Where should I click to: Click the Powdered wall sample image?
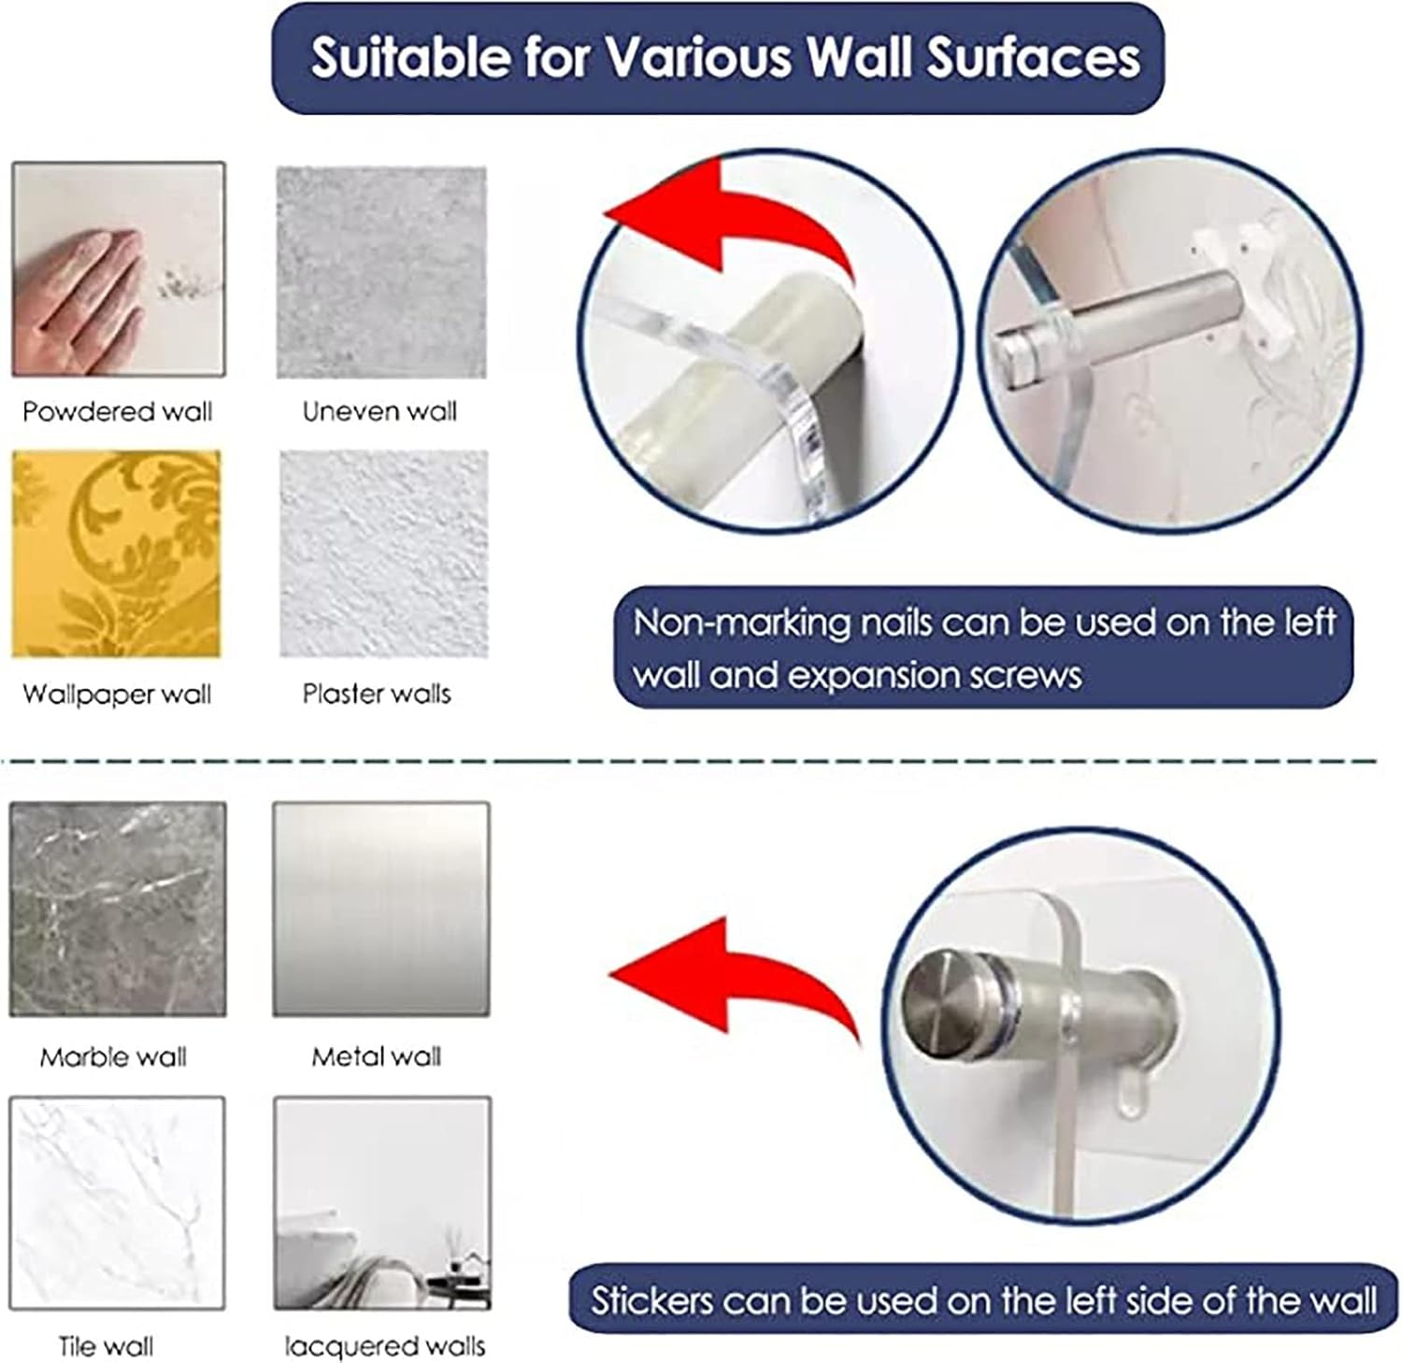119,269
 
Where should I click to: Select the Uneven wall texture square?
381,272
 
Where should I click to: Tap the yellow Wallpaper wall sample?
117,554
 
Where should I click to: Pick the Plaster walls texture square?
383,553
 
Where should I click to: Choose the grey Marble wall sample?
118,910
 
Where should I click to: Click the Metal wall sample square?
381,910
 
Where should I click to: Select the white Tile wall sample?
118,1203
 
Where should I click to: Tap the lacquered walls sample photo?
382,1203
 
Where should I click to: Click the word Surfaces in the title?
1034,58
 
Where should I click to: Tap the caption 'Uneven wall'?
379,411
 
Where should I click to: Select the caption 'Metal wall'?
376,1057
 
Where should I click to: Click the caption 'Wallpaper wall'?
117,695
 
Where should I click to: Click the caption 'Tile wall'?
106,1347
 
